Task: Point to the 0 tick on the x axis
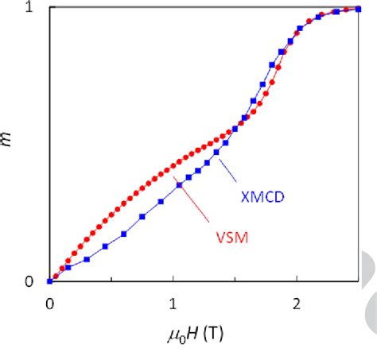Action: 49,303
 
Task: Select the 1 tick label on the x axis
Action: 173,303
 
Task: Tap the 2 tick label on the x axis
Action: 296,303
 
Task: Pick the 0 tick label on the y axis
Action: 29,281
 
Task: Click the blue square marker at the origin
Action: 49,281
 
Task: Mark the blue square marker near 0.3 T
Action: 86,259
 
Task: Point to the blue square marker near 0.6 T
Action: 123,234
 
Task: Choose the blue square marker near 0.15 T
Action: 68,268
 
